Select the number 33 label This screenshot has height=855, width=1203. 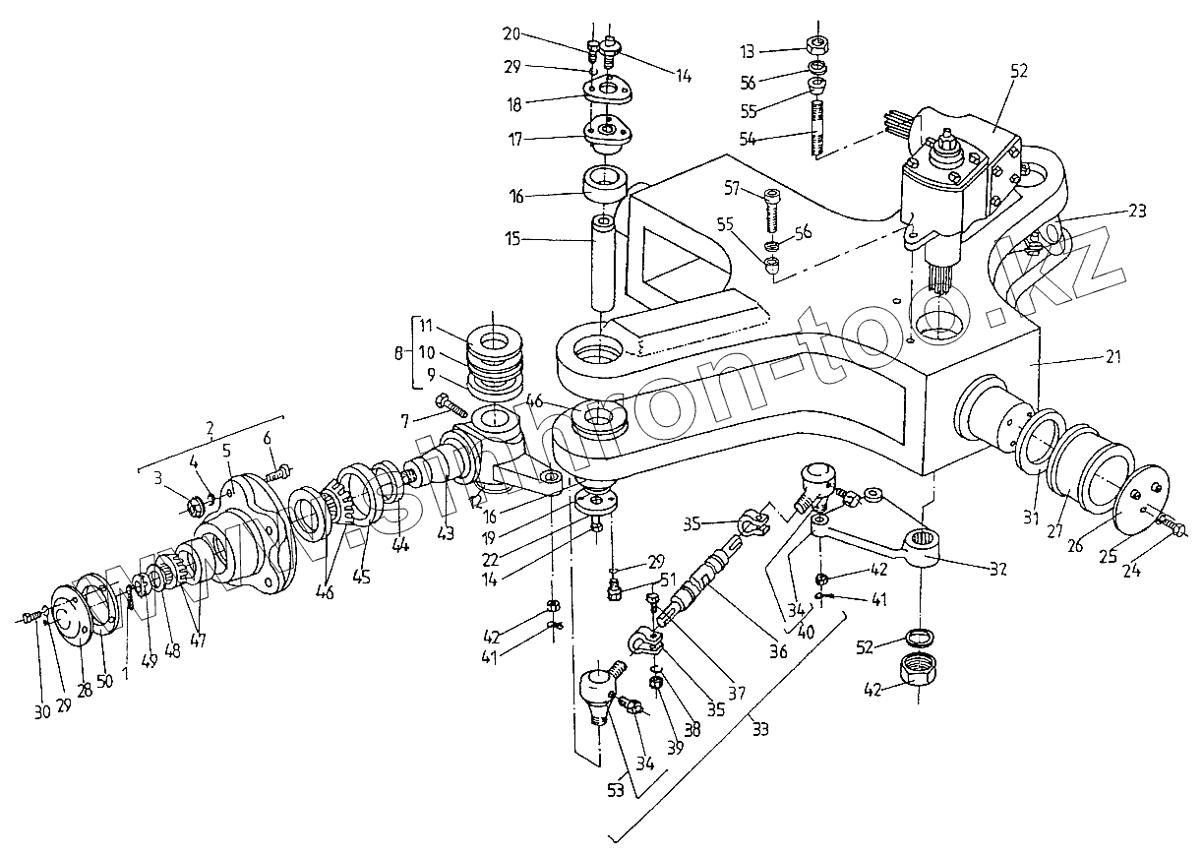click(759, 729)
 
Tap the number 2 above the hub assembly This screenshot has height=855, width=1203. click(208, 428)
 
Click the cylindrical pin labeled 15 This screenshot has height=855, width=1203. click(602, 266)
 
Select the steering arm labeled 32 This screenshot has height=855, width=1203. click(885, 544)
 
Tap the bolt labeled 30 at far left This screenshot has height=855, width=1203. click(30, 616)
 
